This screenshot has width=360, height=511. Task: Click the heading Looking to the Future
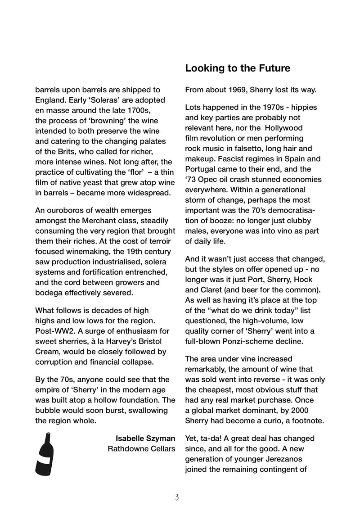[238, 68]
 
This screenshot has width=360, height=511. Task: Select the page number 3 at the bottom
[177, 497]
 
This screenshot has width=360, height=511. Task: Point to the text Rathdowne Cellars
[141, 449]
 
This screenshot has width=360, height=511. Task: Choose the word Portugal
[202, 169]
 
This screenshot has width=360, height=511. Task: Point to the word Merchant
[99, 221]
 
